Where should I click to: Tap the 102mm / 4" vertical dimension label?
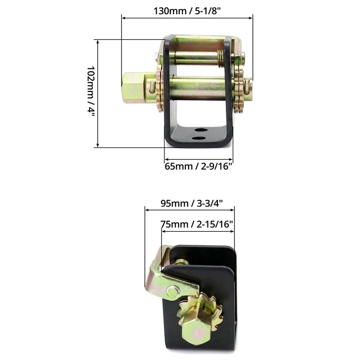[x=91, y=91]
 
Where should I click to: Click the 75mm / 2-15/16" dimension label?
[x=197, y=224]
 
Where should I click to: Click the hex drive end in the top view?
[x=134, y=88]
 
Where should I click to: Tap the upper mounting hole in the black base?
[x=201, y=130]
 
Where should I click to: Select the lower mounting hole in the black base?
[x=198, y=138]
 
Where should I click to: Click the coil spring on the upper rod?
[x=220, y=59]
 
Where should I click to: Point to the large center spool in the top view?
[x=198, y=88]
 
